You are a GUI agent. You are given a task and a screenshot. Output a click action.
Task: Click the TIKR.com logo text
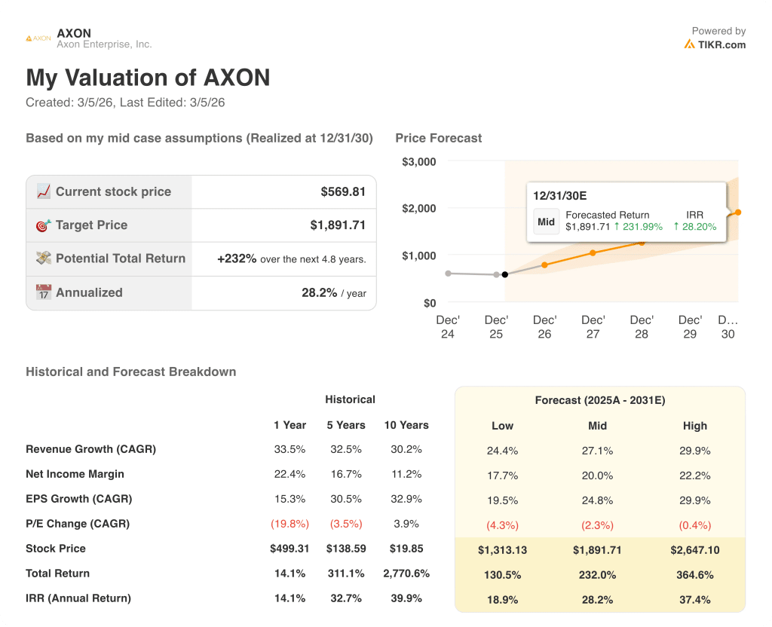(x=721, y=44)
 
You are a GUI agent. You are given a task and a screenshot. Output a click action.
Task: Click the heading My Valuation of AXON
(x=148, y=78)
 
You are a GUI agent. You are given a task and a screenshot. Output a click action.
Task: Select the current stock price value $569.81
(x=343, y=191)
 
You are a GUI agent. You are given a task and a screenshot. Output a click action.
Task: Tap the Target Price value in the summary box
(x=338, y=225)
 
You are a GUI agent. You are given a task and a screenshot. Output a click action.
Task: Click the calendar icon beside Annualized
(x=44, y=292)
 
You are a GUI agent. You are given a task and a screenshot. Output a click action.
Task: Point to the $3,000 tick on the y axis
(x=419, y=161)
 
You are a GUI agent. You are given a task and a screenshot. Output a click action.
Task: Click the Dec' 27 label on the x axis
(x=593, y=326)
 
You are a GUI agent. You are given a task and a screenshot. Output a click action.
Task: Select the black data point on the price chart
(x=504, y=274)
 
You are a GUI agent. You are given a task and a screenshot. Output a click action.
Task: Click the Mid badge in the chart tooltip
(x=546, y=222)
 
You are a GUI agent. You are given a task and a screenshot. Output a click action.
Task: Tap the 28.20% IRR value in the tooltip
(x=694, y=226)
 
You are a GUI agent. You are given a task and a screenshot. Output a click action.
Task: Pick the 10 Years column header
(x=406, y=425)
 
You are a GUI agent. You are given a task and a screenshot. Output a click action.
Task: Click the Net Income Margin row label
(x=75, y=474)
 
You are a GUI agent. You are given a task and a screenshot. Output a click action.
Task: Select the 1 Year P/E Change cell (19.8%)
(x=289, y=524)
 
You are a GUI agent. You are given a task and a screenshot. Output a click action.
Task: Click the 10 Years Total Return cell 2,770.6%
(x=406, y=573)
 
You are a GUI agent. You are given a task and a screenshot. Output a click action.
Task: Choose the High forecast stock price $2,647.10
(x=694, y=550)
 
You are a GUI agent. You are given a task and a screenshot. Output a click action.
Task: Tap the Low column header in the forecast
(x=502, y=426)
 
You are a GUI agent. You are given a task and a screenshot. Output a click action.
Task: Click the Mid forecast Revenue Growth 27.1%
(x=597, y=451)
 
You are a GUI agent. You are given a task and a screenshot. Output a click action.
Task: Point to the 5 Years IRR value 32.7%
(x=346, y=598)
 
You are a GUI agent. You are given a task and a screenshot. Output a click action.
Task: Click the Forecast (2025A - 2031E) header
(x=599, y=401)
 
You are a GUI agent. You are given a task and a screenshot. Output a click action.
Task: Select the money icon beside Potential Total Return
(x=44, y=258)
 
